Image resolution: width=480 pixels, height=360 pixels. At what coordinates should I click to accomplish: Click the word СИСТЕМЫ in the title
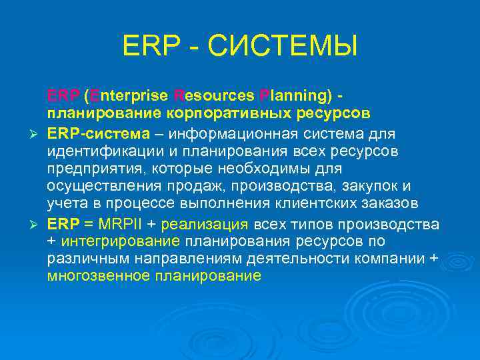[283, 47]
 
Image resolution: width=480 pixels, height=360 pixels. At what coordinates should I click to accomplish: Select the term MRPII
[110, 223]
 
